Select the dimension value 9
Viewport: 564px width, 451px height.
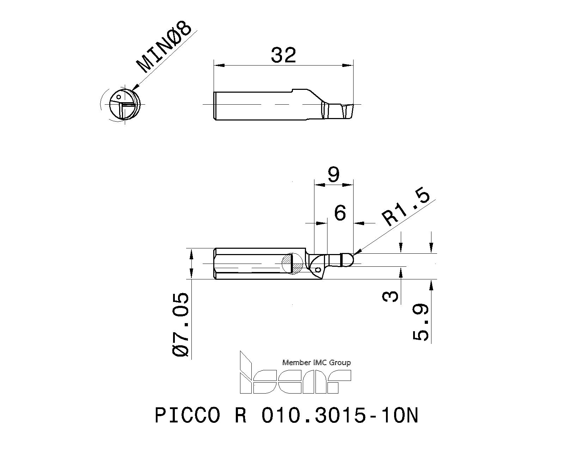coord(333,174)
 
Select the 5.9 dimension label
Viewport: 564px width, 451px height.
coord(421,323)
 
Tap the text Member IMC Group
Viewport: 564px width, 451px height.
coord(317,363)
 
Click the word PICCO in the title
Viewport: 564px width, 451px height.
coord(187,415)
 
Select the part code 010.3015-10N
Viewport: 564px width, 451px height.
coord(339,415)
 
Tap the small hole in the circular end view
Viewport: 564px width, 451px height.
coord(119,97)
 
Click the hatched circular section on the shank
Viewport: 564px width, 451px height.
coord(292,264)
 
